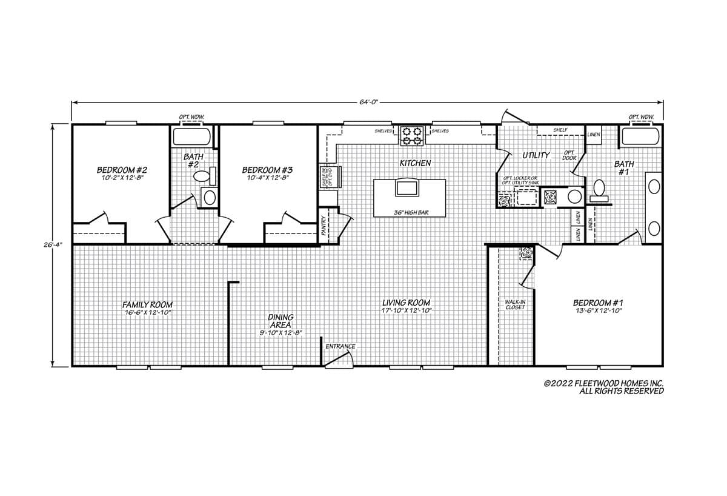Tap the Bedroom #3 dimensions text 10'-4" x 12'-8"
(x=267, y=178)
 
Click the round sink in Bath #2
(x=210, y=197)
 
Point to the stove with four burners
(x=413, y=135)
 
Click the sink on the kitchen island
(x=406, y=187)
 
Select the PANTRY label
(x=324, y=225)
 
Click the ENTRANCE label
(x=340, y=346)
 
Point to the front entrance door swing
(x=339, y=360)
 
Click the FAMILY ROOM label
(x=148, y=304)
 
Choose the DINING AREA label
(x=281, y=321)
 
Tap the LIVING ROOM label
(x=406, y=303)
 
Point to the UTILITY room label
(x=536, y=155)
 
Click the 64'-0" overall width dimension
(x=368, y=102)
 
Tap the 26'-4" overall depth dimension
(x=56, y=246)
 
